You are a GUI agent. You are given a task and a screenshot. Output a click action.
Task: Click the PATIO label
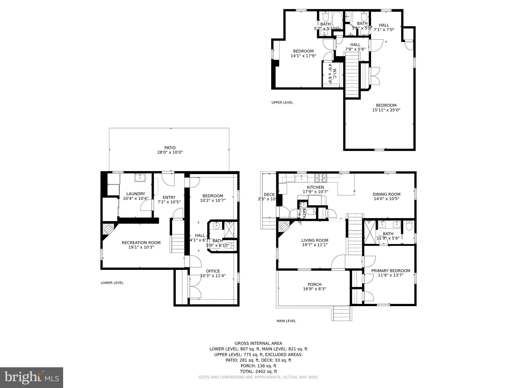click(x=170, y=148)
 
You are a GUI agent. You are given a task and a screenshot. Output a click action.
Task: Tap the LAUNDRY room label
click(x=136, y=194)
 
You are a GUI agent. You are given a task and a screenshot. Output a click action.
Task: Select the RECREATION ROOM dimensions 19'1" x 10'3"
click(x=141, y=247)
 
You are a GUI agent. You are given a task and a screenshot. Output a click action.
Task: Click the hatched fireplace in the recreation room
click(x=108, y=228)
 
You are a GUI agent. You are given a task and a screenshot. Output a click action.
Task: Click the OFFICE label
click(x=213, y=271)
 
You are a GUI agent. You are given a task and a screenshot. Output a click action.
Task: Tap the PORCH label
click(x=315, y=284)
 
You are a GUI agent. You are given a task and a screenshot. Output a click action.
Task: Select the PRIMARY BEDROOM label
click(x=391, y=271)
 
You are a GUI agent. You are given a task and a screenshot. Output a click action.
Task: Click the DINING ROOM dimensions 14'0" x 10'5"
click(x=386, y=199)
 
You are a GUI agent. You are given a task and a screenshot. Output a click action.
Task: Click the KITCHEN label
click(x=315, y=187)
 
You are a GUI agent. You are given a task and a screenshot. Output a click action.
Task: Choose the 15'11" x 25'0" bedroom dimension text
click(x=386, y=110)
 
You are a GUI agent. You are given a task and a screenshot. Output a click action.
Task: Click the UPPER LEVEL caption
click(x=282, y=103)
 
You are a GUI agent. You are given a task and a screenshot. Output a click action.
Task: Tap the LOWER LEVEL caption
click(x=112, y=283)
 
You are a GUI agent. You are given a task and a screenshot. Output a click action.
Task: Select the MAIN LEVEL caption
click(x=286, y=321)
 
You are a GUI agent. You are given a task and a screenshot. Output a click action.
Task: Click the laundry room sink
click(x=140, y=178)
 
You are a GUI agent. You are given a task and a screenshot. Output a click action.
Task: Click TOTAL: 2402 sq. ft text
click(x=258, y=371)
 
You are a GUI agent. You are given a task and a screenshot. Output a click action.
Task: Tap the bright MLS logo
click(x=32, y=377)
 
